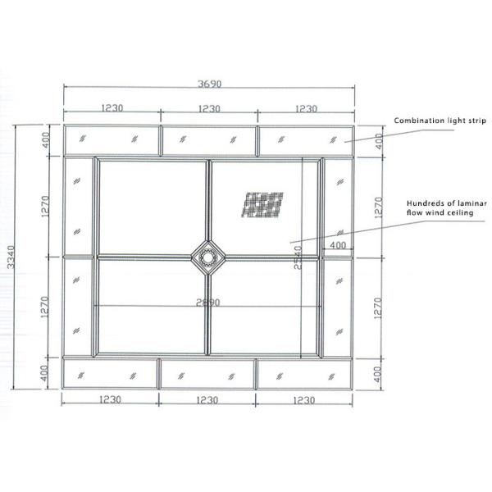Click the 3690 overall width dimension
tap(210, 83)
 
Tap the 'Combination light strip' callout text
tap(440, 121)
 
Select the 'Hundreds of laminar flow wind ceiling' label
tap(448, 207)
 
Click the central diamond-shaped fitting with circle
tap(208, 257)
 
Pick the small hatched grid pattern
tap(264, 204)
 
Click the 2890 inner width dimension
tap(208, 303)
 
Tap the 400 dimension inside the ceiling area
tap(337, 244)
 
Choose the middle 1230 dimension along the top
tap(209, 107)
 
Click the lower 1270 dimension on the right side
tap(378, 307)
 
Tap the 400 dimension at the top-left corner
tap(47, 140)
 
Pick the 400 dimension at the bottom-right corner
tap(378, 373)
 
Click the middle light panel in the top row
tap(209, 140)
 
